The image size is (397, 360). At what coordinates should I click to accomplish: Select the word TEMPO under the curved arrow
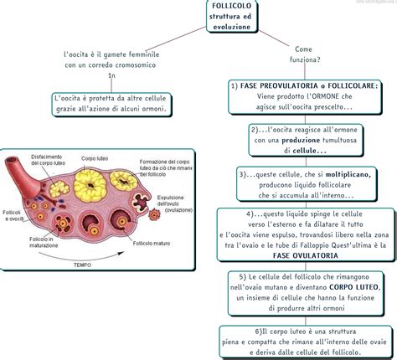point(81,265)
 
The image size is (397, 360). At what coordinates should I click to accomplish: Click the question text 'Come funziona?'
point(302,54)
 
